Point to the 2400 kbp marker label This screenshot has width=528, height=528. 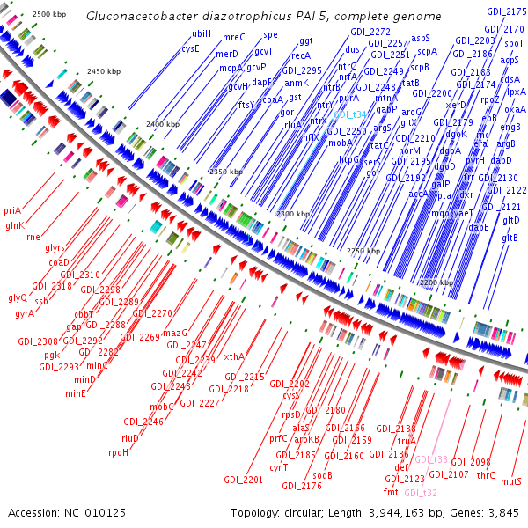tap(161, 125)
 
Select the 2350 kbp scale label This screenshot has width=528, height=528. tap(224, 171)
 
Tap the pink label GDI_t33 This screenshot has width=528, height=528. tap(431, 459)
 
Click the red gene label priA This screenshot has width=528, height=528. tap(12, 210)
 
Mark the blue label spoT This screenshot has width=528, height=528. tap(515, 42)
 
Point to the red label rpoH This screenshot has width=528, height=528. tap(118, 452)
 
